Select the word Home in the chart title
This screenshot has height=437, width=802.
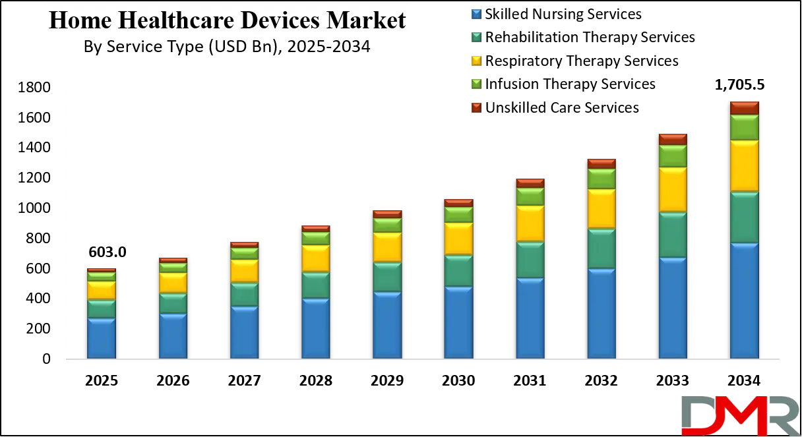[73, 21]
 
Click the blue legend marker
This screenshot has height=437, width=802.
[477, 13]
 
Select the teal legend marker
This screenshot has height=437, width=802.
[477, 37]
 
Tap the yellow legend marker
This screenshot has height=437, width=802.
[477, 61]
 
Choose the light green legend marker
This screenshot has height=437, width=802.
[477, 84]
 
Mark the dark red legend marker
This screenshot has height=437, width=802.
[477, 107]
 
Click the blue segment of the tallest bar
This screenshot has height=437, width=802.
[744, 301]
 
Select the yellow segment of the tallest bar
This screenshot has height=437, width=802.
[744, 166]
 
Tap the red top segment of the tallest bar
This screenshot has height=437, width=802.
[744, 108]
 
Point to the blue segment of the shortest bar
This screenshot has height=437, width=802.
[102, 338]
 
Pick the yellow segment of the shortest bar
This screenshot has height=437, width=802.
[102, 291]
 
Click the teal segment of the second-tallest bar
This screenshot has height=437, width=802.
[673, 235]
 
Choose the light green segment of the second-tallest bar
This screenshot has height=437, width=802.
[673, 156]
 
